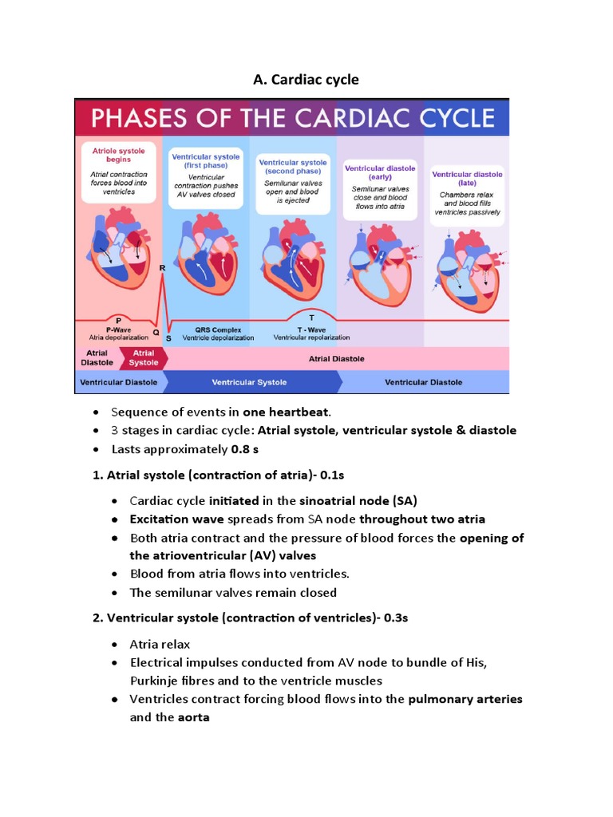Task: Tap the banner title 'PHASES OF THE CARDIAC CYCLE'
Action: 293,118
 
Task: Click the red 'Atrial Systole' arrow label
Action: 144,358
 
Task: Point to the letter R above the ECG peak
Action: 163,268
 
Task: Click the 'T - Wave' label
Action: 301,330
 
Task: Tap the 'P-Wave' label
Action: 118,330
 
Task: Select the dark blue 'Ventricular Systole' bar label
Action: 249,382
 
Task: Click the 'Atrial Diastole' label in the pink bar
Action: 336,359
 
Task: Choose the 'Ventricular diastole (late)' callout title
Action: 467,178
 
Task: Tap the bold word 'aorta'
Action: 193,717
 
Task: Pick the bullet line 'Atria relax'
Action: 160,644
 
